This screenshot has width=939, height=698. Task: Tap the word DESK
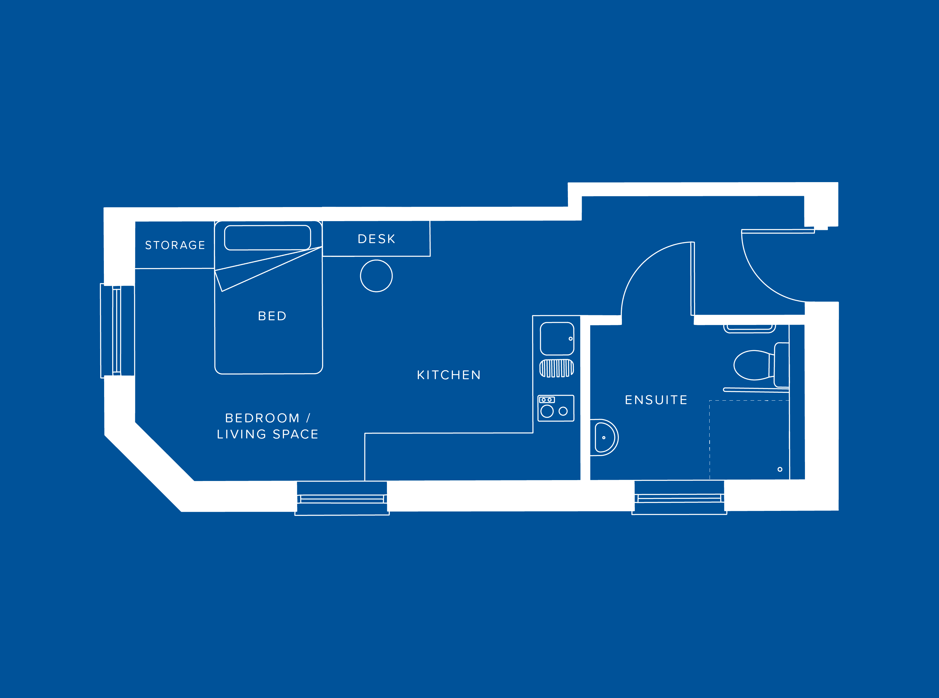point(377,239)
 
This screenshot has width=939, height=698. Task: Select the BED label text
point(272,316)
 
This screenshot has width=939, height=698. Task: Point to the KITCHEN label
point(449,375)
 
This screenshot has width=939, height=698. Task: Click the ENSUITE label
point(656,400)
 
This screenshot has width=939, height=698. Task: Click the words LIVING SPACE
point(268,434)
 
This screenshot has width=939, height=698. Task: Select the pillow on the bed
point(268,238)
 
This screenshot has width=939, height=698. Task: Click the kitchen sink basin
point(557,338)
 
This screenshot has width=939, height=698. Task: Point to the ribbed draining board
point(556,368)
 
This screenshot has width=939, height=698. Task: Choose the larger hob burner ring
point(547,411)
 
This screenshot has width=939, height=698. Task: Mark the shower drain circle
point(780,470)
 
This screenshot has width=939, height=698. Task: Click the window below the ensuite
point(679,499)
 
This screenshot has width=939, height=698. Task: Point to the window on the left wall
point(117,331)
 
